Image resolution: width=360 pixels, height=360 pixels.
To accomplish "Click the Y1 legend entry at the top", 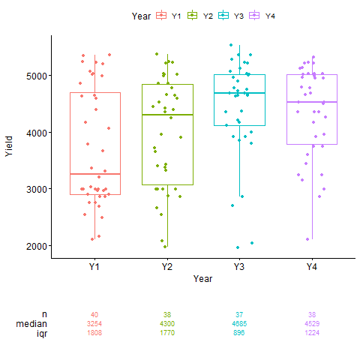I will coord(169,16).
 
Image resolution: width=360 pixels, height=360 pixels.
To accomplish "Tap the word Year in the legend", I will coord(141,16).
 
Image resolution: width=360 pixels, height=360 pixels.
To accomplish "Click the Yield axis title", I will coord(9,146).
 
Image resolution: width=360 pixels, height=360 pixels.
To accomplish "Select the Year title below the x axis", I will coord(202,279).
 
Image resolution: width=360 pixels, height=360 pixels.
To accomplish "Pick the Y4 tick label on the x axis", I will coord(311,266).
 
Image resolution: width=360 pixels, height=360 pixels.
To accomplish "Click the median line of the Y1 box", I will coord(94,174).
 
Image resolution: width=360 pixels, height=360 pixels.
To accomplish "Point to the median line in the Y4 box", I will coord(311,102).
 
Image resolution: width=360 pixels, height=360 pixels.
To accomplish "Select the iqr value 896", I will coord(239,332).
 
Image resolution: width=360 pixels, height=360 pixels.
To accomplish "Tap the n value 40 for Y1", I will coord(94,314).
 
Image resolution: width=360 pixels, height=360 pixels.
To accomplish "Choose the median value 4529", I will coord(311,323).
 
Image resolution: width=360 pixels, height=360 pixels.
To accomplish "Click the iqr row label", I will coord(41,332).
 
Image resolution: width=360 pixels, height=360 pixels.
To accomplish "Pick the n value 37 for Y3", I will coord(239,314).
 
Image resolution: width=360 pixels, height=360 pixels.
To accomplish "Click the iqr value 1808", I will coord(94,332).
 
